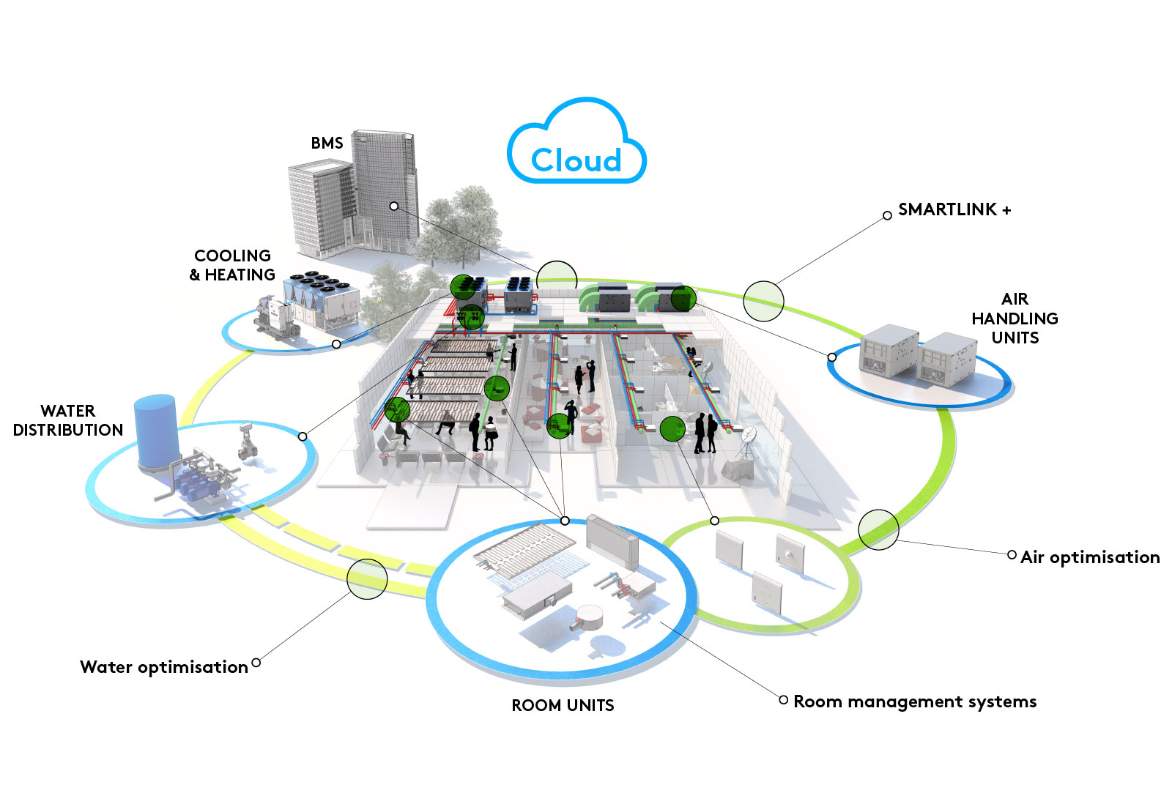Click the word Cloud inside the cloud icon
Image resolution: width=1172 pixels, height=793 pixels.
(576, 160)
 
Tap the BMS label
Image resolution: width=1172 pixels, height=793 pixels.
(327, 143)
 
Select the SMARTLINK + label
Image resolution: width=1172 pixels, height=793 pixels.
(954, 209)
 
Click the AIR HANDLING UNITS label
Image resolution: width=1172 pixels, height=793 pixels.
(1015, 319)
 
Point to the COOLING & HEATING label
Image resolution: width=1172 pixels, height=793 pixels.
(232, 265)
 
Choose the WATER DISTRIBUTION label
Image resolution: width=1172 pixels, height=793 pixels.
(68, 420)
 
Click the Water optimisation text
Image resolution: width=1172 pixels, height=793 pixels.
(164, 667)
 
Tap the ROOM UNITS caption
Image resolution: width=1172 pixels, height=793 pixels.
(563, 705)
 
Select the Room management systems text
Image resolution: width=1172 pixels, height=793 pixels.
(915, 701)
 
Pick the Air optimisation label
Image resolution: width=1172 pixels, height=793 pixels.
(1090, 557)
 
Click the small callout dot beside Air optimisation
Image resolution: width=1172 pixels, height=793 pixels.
(1012, 555)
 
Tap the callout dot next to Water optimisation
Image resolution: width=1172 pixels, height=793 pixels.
(256, 663)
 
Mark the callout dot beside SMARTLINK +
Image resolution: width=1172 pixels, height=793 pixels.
(887, 215)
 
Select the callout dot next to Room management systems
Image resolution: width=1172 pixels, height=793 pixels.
(783, 700)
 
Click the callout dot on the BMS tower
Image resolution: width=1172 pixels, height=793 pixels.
(394, 206)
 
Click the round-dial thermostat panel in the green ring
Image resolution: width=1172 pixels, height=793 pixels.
(790, 555)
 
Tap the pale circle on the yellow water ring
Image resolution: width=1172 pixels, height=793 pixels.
(367, 579)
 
